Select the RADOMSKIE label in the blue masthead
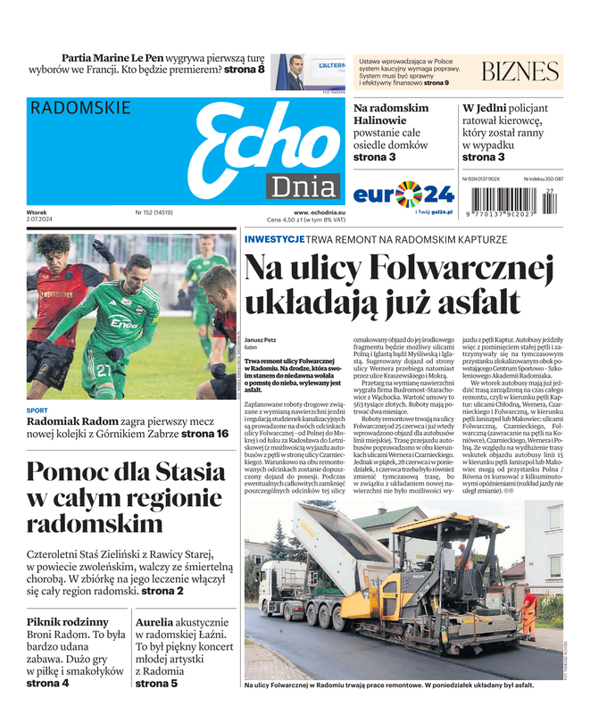point(80,108)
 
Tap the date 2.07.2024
point(41,220)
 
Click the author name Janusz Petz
point(261,340)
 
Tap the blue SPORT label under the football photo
point(37,411)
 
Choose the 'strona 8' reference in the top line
point(244,69)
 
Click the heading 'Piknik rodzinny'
point(68,621)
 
